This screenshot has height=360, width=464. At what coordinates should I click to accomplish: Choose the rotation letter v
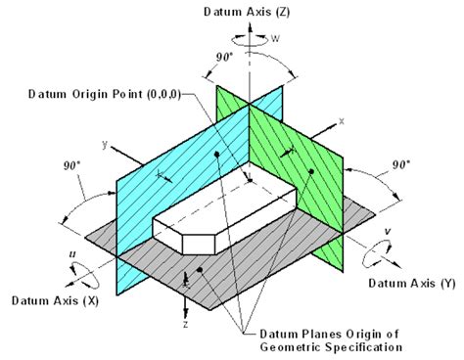click(388, 233)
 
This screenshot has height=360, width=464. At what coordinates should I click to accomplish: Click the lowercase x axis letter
click(342, 120)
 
